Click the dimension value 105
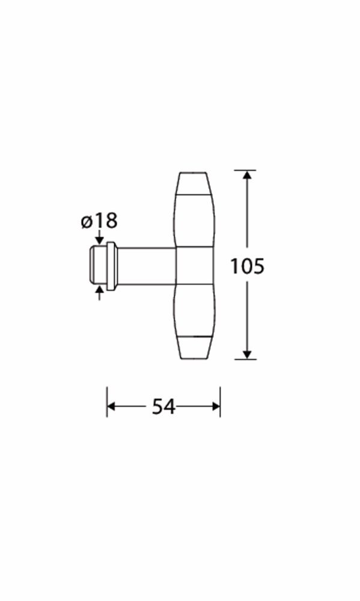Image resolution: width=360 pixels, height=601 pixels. [247, 266]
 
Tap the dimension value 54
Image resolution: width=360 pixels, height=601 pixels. [163, 406]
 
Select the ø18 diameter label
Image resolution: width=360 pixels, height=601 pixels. [99, 221]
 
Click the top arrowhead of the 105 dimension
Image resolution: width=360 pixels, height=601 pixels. [247, 174]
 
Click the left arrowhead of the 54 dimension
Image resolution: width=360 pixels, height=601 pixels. [111, 406]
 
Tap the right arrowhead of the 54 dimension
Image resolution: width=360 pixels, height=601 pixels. [216, 406]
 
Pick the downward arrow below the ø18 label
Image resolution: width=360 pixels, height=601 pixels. [100, 237]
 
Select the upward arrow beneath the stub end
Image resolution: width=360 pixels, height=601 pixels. [100, 293]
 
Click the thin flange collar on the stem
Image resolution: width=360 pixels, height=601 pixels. [111, 266]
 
